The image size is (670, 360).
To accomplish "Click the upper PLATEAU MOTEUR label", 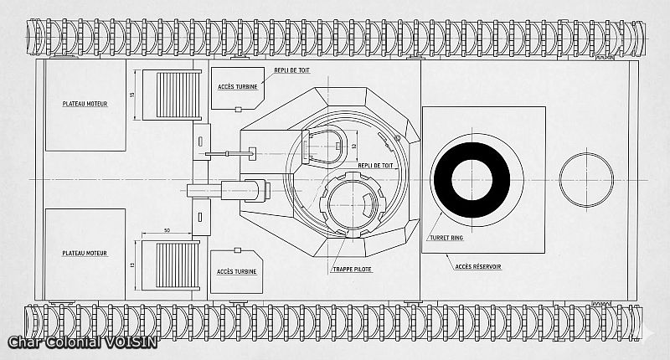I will [x=84, y=104].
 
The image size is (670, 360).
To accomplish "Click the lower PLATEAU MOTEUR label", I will [x=84, y=252].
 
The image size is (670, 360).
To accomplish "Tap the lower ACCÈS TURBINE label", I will [x=236, y=271].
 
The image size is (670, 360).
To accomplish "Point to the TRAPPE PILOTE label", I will [x=351, y=270].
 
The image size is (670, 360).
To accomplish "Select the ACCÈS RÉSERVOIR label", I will [x=478, y=266].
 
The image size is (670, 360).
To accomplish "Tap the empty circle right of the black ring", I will [x=585, y=179].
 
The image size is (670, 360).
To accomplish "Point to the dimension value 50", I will [x=167, y=230].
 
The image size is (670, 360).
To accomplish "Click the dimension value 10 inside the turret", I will [x=353, y=146].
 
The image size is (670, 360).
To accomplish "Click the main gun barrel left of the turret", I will [x=219, y=191].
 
